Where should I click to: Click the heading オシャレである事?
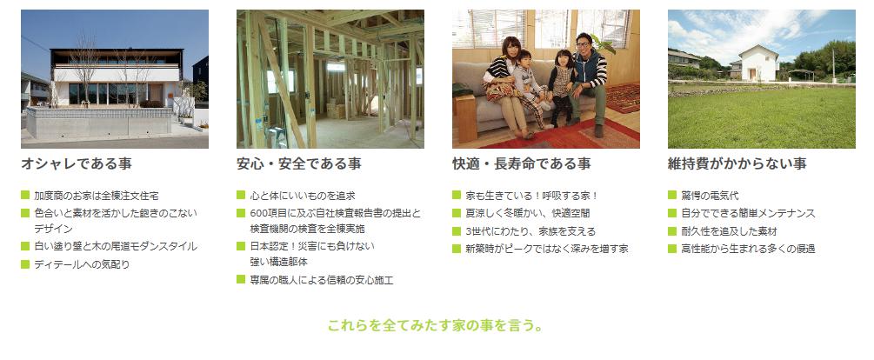click(x=77, y=163)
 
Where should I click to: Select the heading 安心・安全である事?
click(x=299, y=163)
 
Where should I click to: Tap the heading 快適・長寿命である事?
click(x=522, y=163)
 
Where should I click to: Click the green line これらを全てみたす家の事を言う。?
click(x=436, y=325)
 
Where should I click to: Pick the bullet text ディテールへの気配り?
click(x=82, y=264)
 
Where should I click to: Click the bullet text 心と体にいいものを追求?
click(x=303, y=196)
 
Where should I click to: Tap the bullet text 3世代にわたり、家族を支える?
click(x=530, y=231)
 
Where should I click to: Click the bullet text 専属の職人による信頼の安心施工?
click(x=322, y=280)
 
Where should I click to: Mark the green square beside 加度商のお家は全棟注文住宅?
click(x=25, y=195)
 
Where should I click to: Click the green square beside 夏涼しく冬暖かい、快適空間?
click(x=457, y=213)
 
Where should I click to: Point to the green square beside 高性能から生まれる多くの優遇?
click(x=671, y=249)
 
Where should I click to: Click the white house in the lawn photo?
click(x=758, y=63)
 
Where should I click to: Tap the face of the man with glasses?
click(x=583, y=43)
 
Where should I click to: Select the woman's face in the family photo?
click(x=510, y=48)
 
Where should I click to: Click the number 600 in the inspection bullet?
click(x=259, y=213)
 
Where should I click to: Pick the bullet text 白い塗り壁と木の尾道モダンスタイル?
click(x=116, y=246)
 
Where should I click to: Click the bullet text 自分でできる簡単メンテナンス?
click(x=748, y=213)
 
